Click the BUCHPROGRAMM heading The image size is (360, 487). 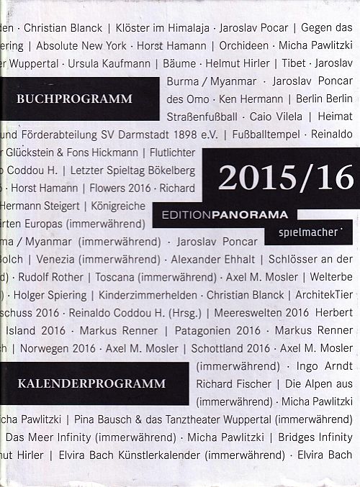[77, 99]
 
